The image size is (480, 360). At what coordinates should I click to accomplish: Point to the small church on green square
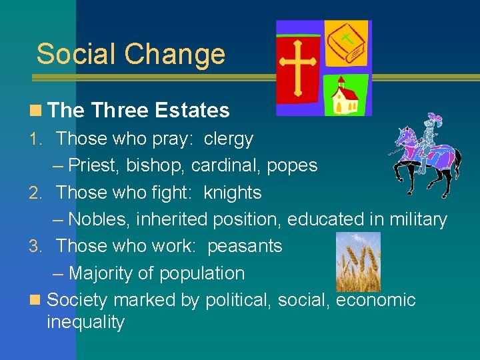346,96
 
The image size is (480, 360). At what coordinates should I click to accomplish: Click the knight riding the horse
427,153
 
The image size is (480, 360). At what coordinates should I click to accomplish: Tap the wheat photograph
357,261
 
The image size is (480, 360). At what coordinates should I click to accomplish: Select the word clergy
229,139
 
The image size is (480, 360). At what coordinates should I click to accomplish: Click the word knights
233,193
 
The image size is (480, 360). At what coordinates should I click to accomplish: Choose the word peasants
245,246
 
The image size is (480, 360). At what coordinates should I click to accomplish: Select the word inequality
85,323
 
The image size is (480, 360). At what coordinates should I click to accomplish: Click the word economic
375,301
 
